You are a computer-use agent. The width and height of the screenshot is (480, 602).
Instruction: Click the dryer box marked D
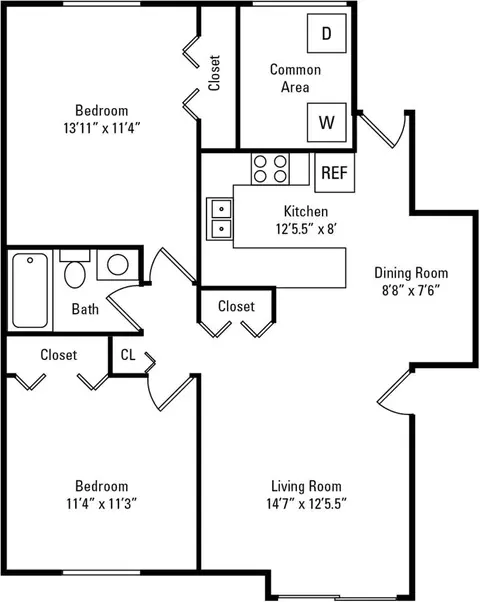(x=327, y=33)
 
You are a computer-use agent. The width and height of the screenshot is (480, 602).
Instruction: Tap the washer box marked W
(x=327, y=122)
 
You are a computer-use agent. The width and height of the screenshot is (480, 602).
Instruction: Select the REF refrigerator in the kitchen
(x=334, y=173)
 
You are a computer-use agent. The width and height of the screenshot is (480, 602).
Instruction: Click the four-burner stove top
(x=270, y=169)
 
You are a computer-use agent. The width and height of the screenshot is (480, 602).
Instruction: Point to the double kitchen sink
(x=220, y=219)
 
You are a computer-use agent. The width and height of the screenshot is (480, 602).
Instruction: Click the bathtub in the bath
(x=30, y=290)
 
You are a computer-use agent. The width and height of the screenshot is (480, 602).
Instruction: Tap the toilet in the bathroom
(x=75, y=269)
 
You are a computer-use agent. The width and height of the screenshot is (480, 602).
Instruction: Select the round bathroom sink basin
(x=118, y=265)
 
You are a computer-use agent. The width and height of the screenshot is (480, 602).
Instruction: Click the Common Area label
(x=295, y=78)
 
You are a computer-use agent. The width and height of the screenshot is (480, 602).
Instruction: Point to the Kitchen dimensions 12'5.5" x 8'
(x=306, y=229)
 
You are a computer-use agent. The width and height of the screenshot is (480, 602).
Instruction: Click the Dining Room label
(x=411, y=273)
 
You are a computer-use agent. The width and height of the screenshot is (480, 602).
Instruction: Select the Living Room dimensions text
(x=306, y=503)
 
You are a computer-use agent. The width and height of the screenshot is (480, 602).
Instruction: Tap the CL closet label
(x=128, y=355)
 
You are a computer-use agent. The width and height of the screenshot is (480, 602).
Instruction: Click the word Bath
(x=85, y=309)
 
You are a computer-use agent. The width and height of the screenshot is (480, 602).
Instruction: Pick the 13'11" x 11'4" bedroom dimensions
(x=102, y=128)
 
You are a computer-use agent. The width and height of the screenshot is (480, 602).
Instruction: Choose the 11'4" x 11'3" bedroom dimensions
(x=102, y=503)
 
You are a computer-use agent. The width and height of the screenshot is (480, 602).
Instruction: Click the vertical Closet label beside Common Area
(x=214, y=73)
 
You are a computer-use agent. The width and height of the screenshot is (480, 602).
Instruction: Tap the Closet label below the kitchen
(x=236, y=306)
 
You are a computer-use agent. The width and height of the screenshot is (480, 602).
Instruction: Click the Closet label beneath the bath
(x=59, y=355)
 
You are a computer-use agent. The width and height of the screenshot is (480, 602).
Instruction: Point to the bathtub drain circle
(x=30, y=260)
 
